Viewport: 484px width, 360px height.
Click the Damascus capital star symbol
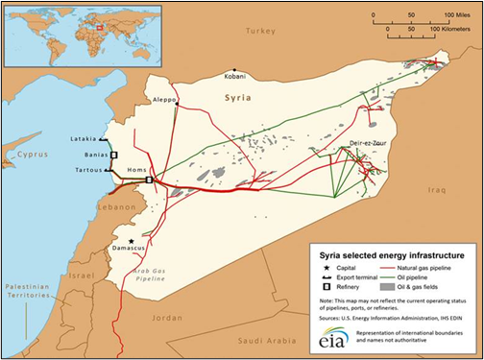point(132,241)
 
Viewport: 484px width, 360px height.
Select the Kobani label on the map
point(234,73)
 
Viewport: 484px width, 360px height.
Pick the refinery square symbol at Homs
point(149,180)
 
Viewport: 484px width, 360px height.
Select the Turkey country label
point(259,31)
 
